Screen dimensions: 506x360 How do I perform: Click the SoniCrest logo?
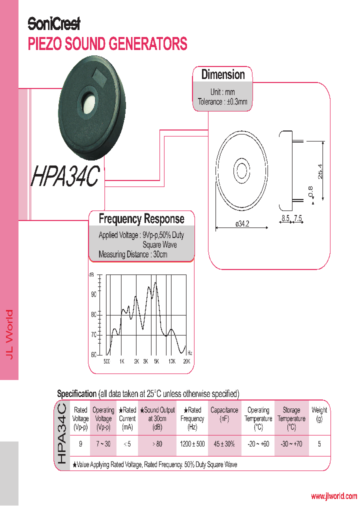coord(53,23)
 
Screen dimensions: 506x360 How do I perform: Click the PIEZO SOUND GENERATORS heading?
coord(107,44)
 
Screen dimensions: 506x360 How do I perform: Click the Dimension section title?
coord(223,75)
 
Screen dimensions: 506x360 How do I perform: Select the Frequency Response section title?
coord(141,219)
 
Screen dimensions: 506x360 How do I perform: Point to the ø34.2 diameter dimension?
coord(242,224)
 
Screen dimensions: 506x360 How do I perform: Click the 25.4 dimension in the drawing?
coord(320,171)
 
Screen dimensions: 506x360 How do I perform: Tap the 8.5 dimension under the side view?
coord(285,218)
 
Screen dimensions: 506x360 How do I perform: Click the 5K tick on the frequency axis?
coord(156,361)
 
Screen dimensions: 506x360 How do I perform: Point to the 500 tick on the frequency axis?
coord(106,361)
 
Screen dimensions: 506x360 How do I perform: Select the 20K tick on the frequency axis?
coord(186,361)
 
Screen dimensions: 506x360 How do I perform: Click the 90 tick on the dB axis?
coord(93,294)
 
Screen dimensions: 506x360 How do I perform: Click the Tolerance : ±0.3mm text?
coord(222,102)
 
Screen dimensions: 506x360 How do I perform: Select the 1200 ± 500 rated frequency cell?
coord(192,444)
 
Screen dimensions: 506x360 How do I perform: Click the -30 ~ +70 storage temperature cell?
coord(291,444)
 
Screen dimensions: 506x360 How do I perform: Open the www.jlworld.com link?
coord(333,496)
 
